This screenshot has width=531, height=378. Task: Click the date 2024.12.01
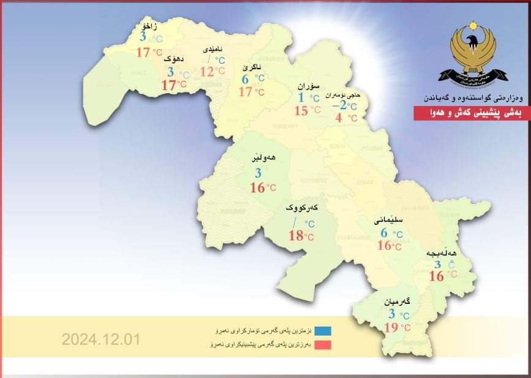pos(101,339)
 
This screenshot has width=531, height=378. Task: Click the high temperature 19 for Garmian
pos(391,327)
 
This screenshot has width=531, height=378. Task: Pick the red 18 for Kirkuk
pos(296,235)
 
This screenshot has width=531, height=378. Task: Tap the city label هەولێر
pos(263,157)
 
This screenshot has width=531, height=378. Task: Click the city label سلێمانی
pos(387,218)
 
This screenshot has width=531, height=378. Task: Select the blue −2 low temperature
pos(339,105)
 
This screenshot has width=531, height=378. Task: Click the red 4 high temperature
pos(339,118)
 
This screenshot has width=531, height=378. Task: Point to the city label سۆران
pos(305,86)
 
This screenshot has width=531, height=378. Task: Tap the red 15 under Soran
pos(301,110)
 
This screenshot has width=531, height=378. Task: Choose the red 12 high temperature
pos(207,72)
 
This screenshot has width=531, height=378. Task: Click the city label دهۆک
pos(174,59)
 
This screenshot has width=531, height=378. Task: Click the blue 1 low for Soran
pos(301,97)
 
